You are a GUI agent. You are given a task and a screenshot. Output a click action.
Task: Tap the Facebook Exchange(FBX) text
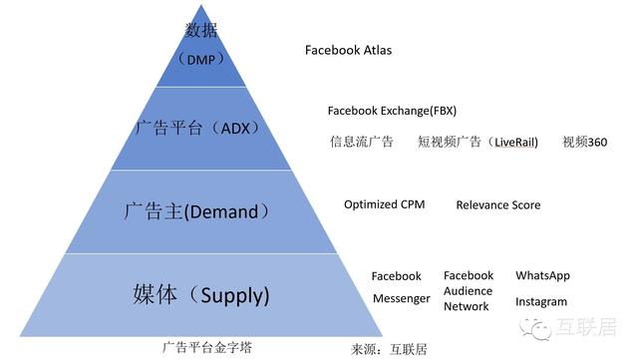click(x=392, y=110)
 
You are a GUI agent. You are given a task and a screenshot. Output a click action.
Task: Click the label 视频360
click(x=584, y=143)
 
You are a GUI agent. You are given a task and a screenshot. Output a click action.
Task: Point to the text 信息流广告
click(x=362, y=143)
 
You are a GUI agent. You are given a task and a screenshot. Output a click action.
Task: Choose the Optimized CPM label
click(x=385, y=204)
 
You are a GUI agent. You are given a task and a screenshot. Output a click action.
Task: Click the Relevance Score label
click(x=498, y=205)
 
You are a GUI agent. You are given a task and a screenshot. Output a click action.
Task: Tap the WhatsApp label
click(x=542, y=275)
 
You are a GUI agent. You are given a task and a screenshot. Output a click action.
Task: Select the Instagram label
click(x=541, y=301)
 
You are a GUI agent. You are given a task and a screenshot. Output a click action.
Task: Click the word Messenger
click(x=401, y=298)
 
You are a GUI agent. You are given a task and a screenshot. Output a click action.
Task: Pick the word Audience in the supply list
click(x=469, y=291)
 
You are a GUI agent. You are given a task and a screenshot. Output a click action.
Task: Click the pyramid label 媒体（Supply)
click(x=201, y=295)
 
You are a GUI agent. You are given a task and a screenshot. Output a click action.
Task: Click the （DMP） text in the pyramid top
click(x=197, y=57)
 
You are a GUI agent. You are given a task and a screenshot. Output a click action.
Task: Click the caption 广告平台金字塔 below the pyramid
click(x=207, y=347)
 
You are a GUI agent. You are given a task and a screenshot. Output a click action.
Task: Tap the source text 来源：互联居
click(x=390, y=349)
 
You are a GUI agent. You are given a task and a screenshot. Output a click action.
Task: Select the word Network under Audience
click(x=467, y=306)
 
